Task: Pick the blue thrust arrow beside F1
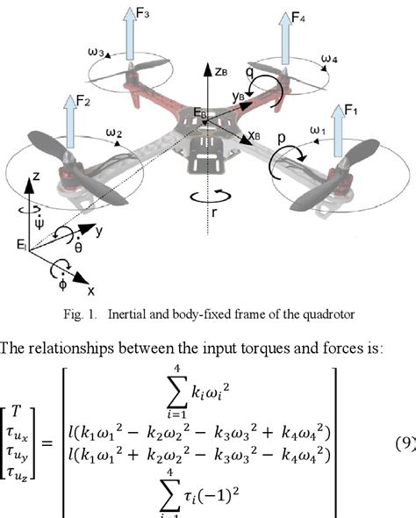click(x=335, y=131)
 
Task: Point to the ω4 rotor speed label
click(x=329, y=60)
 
